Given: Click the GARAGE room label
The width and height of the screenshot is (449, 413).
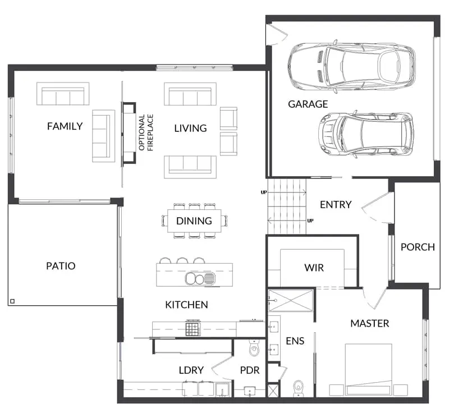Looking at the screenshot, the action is click(x=308, y=104).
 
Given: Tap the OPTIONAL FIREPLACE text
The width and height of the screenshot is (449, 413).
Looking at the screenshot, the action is click(x=146, y=132).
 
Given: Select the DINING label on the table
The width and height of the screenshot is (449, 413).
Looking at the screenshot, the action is click(x=194, y=221).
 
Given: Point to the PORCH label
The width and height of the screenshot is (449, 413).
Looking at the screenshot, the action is click(x=418, y=247).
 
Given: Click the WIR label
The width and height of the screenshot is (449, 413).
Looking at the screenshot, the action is click(x=314, y=268).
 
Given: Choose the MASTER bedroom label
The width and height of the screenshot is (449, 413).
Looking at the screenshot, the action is click(x=370, y=323).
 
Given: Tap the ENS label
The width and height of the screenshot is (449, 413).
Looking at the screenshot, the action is click(x=295, y=341).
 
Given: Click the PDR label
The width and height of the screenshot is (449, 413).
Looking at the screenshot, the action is click(x=250, y=370).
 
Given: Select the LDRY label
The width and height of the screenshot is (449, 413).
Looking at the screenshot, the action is click(x=191, y=370).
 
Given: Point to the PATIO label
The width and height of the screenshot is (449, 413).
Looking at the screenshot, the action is click(x=61, y=266).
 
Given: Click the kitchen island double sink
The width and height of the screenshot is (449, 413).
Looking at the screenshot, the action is click(x=200, y=278).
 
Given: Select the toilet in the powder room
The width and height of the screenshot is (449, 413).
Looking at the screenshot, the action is click(x=254, y=347).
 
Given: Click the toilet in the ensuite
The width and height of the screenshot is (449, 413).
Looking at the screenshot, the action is click(x=298, y=388).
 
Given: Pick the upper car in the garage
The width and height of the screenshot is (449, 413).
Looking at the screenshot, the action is click(x=352, y=67).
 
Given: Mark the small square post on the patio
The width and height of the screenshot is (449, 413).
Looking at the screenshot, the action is click(x=12, y=301).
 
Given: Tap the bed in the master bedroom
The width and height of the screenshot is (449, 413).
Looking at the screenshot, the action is click(x=368, y=369).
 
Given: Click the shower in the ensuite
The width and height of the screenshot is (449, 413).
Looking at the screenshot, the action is click(x=291, y=301).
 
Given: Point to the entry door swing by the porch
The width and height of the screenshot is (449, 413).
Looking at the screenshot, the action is click(x=377, y=208).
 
